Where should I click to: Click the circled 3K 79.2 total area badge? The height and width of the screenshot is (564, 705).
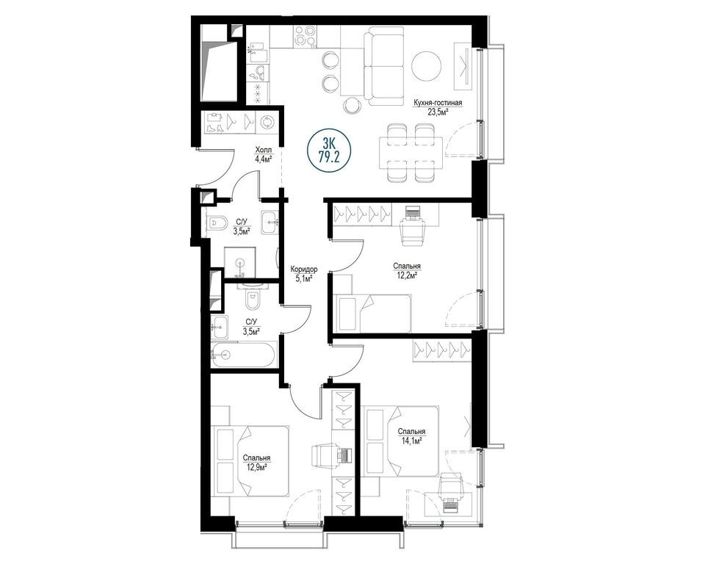point(330,152)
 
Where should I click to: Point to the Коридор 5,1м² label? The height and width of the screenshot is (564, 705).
point(304,273)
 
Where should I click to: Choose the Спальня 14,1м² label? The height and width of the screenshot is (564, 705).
point(411,435)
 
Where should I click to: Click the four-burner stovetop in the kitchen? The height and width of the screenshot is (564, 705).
point(305,37)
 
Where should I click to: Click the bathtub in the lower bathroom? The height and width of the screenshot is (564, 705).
point(243,355)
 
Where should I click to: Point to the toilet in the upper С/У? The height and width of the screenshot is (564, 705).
point(218,223)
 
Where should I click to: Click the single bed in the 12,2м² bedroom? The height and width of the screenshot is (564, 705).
point(373,314)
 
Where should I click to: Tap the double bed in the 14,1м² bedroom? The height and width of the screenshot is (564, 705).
point(402,441)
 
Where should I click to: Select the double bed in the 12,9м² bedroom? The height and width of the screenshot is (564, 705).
point(251,461)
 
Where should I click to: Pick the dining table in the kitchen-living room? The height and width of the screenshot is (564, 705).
point(411,153)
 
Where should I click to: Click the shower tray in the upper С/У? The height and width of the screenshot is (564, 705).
point(240,262)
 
